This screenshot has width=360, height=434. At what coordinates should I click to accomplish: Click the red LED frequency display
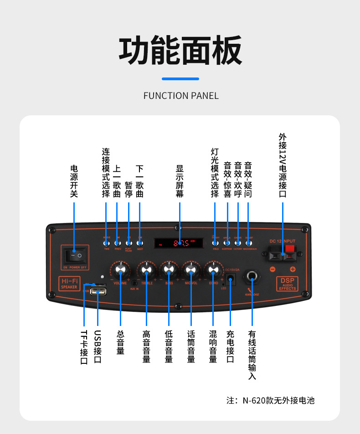point(179,243)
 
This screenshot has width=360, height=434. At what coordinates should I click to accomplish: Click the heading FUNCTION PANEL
point(181,96)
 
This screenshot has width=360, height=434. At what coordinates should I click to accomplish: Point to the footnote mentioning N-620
point(271,401)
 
